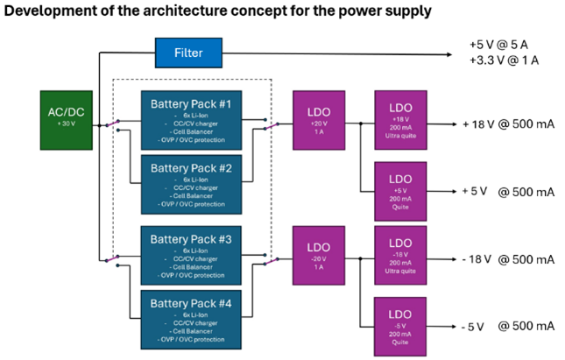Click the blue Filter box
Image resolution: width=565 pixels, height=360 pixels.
pos(188,53)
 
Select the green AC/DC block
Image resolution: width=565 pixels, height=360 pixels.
pos(65,117)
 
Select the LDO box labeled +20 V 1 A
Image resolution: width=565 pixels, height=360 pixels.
pos(320,117)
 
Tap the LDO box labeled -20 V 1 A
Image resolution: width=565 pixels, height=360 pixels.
pos(320,254)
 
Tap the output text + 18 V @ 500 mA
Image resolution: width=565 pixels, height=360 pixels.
pos(508,124)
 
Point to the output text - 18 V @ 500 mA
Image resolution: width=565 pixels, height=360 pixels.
pos(508,259)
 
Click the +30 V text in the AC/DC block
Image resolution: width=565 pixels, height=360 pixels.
pos(65,124)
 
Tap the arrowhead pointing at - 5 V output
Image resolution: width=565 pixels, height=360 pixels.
pos(453,326)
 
